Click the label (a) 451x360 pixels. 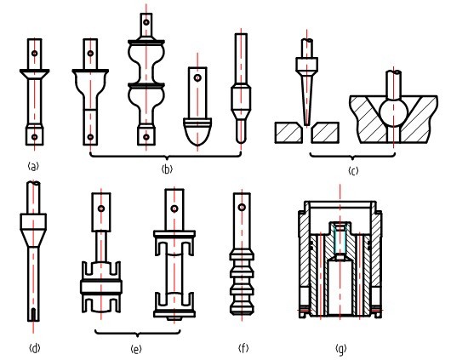(34, 166)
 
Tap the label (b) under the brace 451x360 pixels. (167, 169)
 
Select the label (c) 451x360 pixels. (353, 171)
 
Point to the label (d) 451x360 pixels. (35, 349)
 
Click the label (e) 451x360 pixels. (136, 349)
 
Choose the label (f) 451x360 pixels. (243, 348)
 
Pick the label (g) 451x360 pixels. (341, 349)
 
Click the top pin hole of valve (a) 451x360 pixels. (35, 54)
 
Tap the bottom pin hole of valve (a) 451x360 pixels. (35, 137)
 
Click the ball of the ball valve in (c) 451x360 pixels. (394, 112)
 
